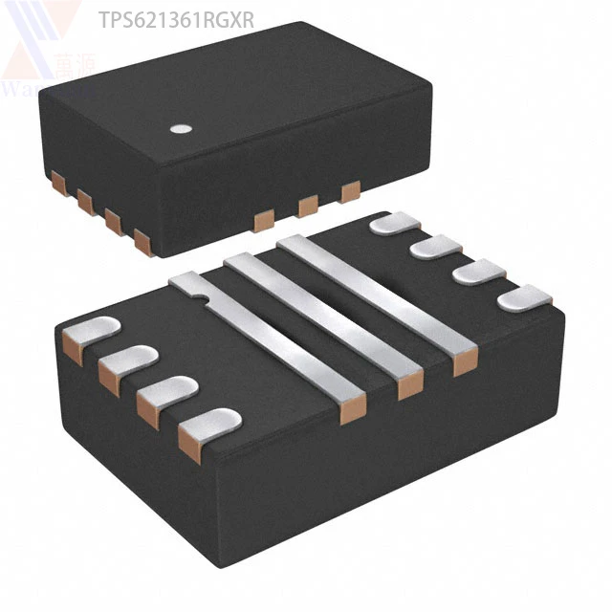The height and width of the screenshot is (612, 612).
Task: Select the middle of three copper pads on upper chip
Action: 308,206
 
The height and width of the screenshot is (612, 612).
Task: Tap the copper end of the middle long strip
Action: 409,384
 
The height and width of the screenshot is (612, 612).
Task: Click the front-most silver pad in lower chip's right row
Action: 521,299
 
